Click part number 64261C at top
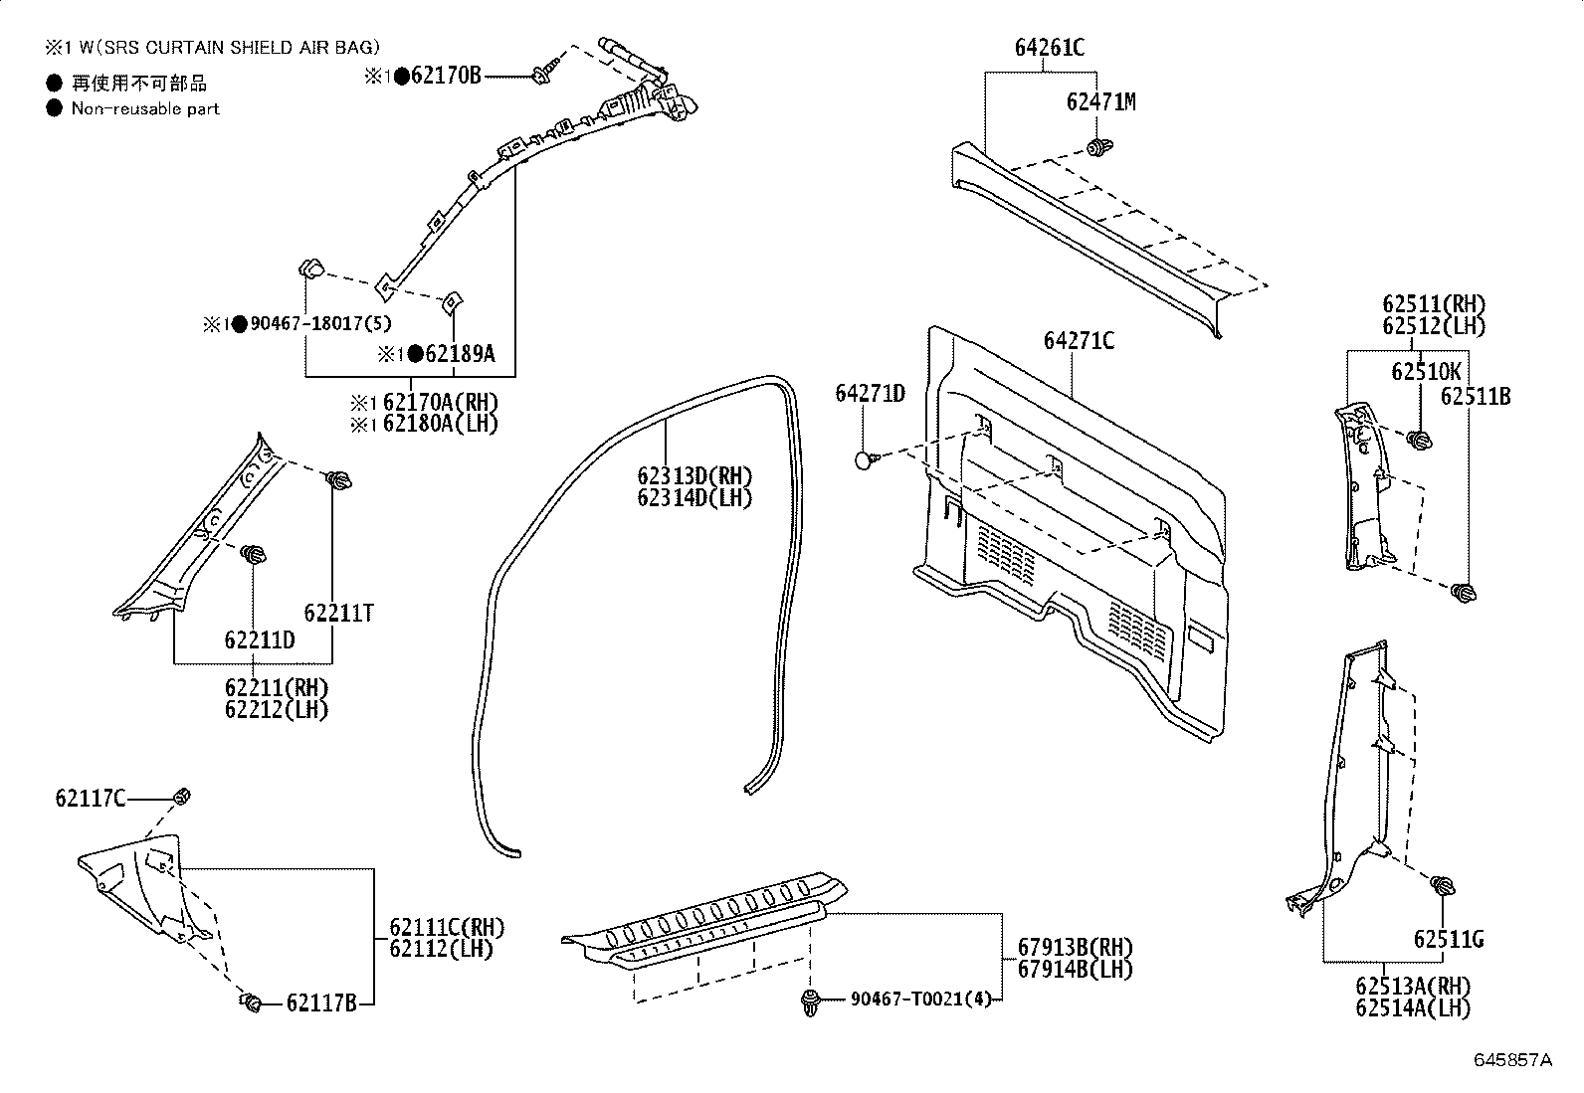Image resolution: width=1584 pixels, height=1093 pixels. [1049, 47]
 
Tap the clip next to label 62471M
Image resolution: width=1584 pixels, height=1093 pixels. [1099, 149]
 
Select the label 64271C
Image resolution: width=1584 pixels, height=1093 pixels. [1078, 341]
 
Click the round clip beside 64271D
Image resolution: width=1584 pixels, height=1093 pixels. [865, 459]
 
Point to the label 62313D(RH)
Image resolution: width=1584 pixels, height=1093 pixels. [694, 475]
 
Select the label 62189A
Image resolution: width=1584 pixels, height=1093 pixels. [459, 354]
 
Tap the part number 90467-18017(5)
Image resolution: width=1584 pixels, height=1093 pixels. [320, 324]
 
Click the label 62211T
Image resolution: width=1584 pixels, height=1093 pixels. [339, 613]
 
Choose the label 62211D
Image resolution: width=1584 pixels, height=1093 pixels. [260, 640]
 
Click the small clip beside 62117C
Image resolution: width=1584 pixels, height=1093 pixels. [181, 796]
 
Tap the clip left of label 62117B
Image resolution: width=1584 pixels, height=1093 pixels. [251, 1001]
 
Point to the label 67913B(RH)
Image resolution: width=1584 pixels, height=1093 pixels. [1075, 947]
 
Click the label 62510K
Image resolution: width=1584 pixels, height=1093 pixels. [1426, 372]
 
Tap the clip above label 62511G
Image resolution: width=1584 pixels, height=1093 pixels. [1441, 885]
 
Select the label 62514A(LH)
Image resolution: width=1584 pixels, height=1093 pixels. [1412, 1008]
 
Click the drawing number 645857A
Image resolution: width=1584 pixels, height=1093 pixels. [1512, 1060]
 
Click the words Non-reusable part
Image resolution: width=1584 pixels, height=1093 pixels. [145, 109]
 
